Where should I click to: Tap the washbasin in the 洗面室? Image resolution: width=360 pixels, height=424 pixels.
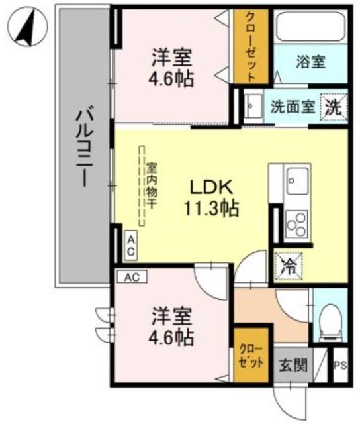[x=252, y=107]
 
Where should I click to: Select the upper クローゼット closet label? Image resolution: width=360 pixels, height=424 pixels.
[x=251, y=46]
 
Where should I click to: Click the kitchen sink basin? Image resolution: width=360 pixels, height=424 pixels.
[x=296, y=178]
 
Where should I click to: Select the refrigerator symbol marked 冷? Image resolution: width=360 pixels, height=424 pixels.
[x=290, y=266]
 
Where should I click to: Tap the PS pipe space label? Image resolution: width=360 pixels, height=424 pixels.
[x=339, y=364]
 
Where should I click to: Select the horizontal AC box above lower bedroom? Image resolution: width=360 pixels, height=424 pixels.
[x=132, y=276]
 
